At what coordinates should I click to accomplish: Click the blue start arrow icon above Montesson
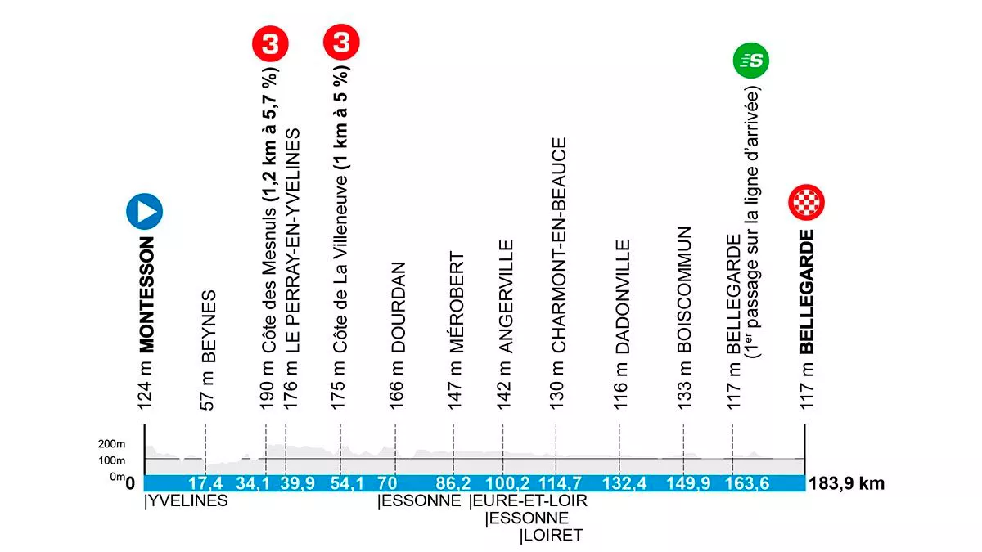pyautogui.click(x=144, y=212)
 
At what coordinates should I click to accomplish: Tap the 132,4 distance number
pyautogui.click(x=624, y=483)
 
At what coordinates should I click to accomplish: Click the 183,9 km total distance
pyautogui.click(x=846, y=483)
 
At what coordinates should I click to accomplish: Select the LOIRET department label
pyautogui.click(x=552, y=536)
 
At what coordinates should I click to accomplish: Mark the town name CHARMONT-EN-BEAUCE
pyautogui.click(x=559, y=245)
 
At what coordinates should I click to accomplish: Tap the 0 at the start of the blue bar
pyautogui.click(x=132, y=483)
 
